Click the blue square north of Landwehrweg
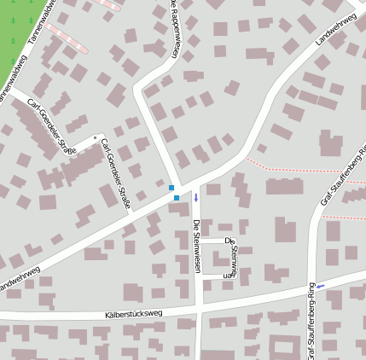tap(171, 188)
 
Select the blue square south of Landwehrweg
tap(177, 198)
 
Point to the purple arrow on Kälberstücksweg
tap(320, 286)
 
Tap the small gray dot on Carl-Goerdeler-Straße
tap(95, 136)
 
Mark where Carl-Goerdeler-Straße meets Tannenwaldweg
tap(12, 88)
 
